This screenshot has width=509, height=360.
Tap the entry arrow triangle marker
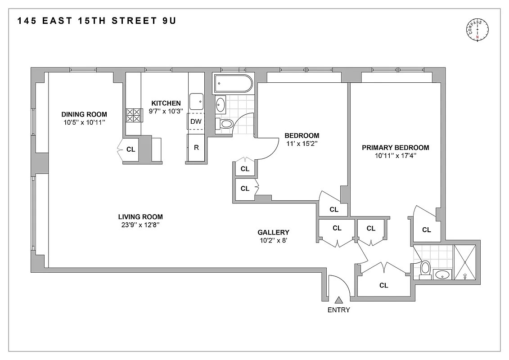click(338, 299)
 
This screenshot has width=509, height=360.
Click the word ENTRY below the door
click(338, 310)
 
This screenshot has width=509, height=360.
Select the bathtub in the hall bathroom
click(233, 83)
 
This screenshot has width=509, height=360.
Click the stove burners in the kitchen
click(133, 116)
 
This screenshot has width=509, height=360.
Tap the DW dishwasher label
click(196, 121)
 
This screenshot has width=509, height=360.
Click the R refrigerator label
click(196, 147)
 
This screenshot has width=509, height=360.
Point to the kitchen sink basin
click(196, 102)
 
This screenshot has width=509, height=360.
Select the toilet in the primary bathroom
click(425, 269)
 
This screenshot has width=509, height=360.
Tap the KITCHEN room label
click(166, 103)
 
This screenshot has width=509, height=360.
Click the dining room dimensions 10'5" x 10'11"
click(84, 122)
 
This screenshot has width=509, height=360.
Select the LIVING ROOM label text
click(138, 216)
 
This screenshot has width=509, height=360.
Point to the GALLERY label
click(273, 232)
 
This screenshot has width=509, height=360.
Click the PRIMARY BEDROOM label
click(395, 148)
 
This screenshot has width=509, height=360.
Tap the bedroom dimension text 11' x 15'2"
click(302, 144)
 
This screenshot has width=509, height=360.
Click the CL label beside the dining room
click(131, 150)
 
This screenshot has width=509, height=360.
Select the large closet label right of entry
click(383, 285)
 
